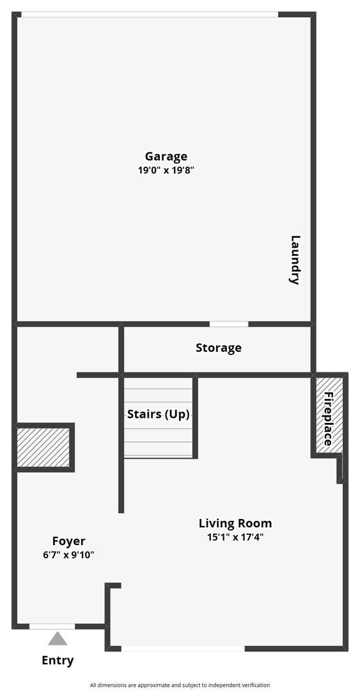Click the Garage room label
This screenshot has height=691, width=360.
click(x=166, y=157)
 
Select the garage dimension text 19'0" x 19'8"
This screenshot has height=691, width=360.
click(x=166, y=171)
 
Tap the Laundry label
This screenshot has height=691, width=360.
click(x=295, y=260)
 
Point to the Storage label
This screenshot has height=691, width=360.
click(x=219, y=348)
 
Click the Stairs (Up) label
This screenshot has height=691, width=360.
click(x=159, y=414)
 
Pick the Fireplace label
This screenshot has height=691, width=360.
click(x=328, y=419)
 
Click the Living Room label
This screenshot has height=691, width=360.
click(x=235, y=523)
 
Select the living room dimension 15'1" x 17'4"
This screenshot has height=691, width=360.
click(x=235, y=537)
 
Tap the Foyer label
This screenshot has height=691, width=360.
click(x=68, y=541)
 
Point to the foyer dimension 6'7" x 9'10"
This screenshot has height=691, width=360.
click(x=68, y=555)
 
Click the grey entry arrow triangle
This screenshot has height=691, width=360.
click(x=58, y=639)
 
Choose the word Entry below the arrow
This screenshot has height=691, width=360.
click(x=58, y=661)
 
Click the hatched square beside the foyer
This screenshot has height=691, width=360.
click(x=43, y=447)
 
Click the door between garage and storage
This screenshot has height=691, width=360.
click(x=229, y=324)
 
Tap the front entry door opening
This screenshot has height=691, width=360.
click(x=52, y=626)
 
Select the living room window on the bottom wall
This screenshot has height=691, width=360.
click(x=183, y=649)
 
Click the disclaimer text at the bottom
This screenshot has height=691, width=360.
click(x=180, y=685)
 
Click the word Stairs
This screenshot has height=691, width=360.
click(x=145, y=414)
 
